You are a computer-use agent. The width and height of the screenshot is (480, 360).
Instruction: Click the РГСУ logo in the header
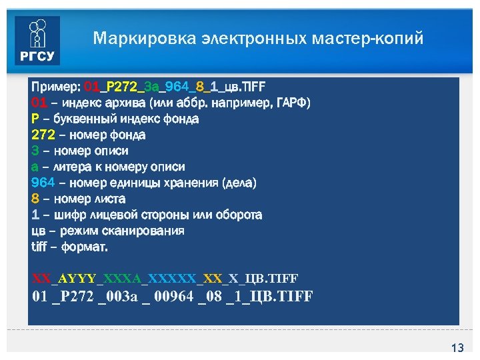pyautogui.click(x=37, y=41)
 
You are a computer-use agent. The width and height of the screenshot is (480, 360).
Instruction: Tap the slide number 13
pyautogui.click(x=457, y=348)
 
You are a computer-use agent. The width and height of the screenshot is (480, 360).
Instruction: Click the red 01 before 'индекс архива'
pyautogui.click(x=39, y=103)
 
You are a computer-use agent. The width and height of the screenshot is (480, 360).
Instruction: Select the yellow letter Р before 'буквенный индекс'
pyautogui.click(x=35, y=119)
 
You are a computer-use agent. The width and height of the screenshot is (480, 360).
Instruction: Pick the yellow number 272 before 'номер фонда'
pyautogui.click(x=42, y=135)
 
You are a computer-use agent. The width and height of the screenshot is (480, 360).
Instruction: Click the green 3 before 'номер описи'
pyautogui.click(x=35, y=151)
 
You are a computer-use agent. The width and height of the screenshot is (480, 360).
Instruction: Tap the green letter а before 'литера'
pyautogui.click(x=35, y=167)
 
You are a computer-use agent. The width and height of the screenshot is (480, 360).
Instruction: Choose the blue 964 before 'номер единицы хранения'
pyautogui.click(x=43, y=183)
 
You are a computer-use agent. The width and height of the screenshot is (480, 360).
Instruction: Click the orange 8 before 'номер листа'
pyautogui.click(x=35, y=199)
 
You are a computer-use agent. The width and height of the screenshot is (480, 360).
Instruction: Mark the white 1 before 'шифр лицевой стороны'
pyautogui.click(x=35, y=215)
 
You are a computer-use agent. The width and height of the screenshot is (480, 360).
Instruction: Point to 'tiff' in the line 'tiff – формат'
pyautogui.click(x=40, y=247)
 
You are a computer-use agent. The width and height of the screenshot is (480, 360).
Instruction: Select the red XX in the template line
pyautogui.click(x=41, y=277)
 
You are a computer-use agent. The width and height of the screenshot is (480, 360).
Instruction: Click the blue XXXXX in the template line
pyautogui.click(x=172, y=277)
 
